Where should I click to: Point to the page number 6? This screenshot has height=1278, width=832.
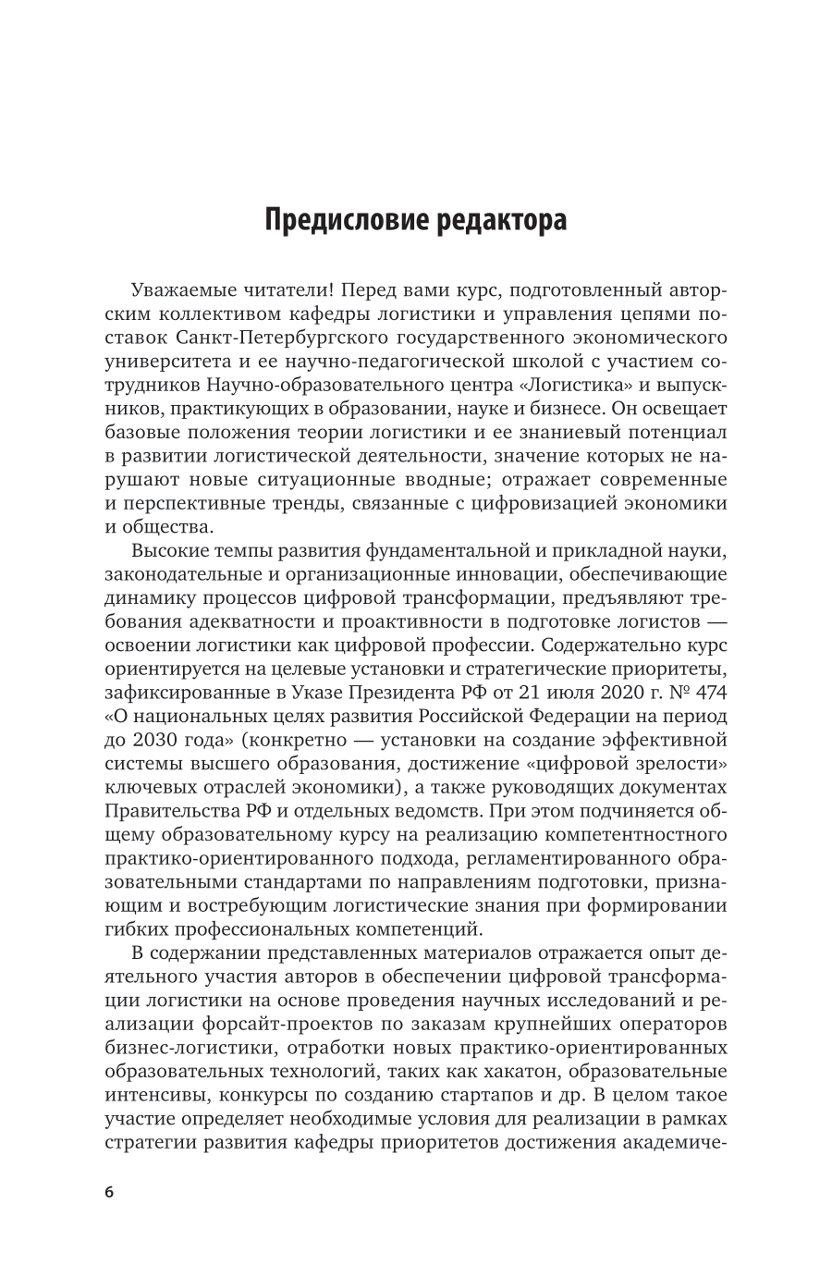point(108,1192)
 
